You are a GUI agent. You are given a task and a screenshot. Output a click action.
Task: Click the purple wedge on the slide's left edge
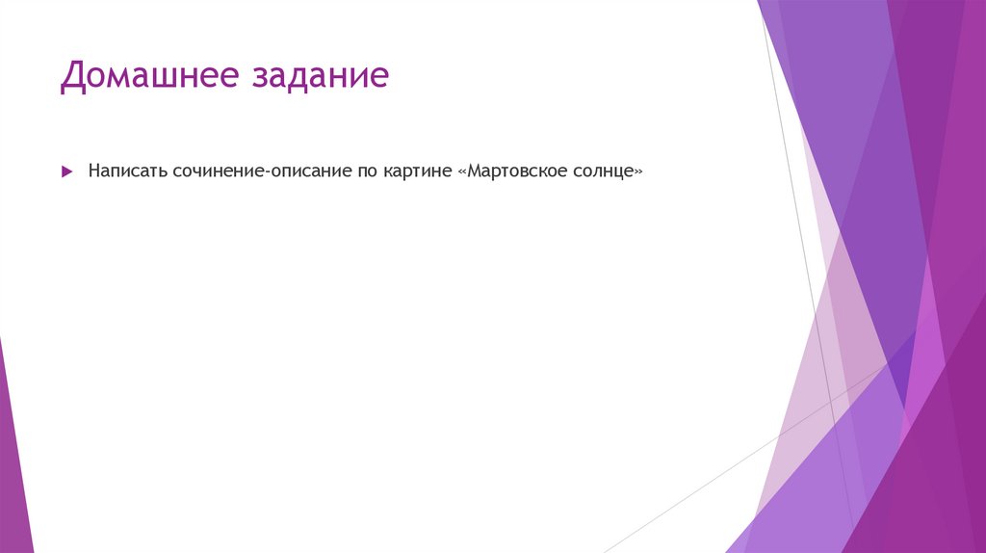pyautogui.click(x=13, y=453)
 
